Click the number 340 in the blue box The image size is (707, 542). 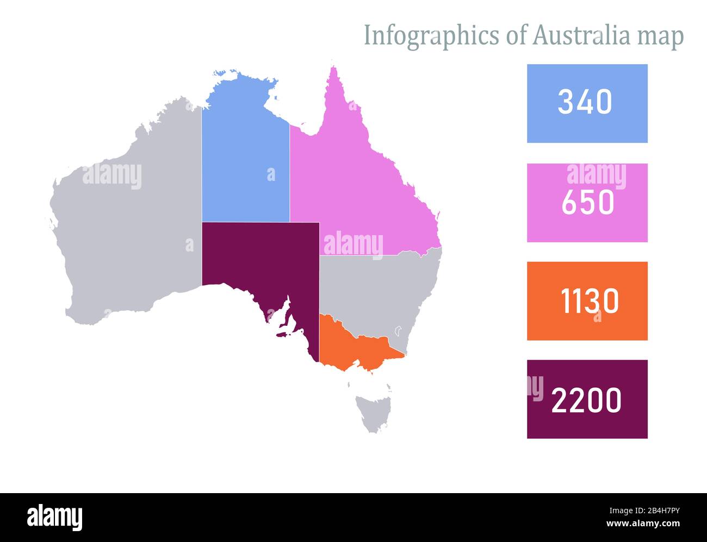585,102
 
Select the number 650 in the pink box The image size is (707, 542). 587,203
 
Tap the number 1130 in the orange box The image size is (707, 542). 590,301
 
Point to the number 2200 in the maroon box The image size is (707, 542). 586,400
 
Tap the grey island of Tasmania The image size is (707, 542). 370,413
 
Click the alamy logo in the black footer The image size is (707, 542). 54,517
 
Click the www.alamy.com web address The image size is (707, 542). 643,524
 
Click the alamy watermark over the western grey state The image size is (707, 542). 112,176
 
